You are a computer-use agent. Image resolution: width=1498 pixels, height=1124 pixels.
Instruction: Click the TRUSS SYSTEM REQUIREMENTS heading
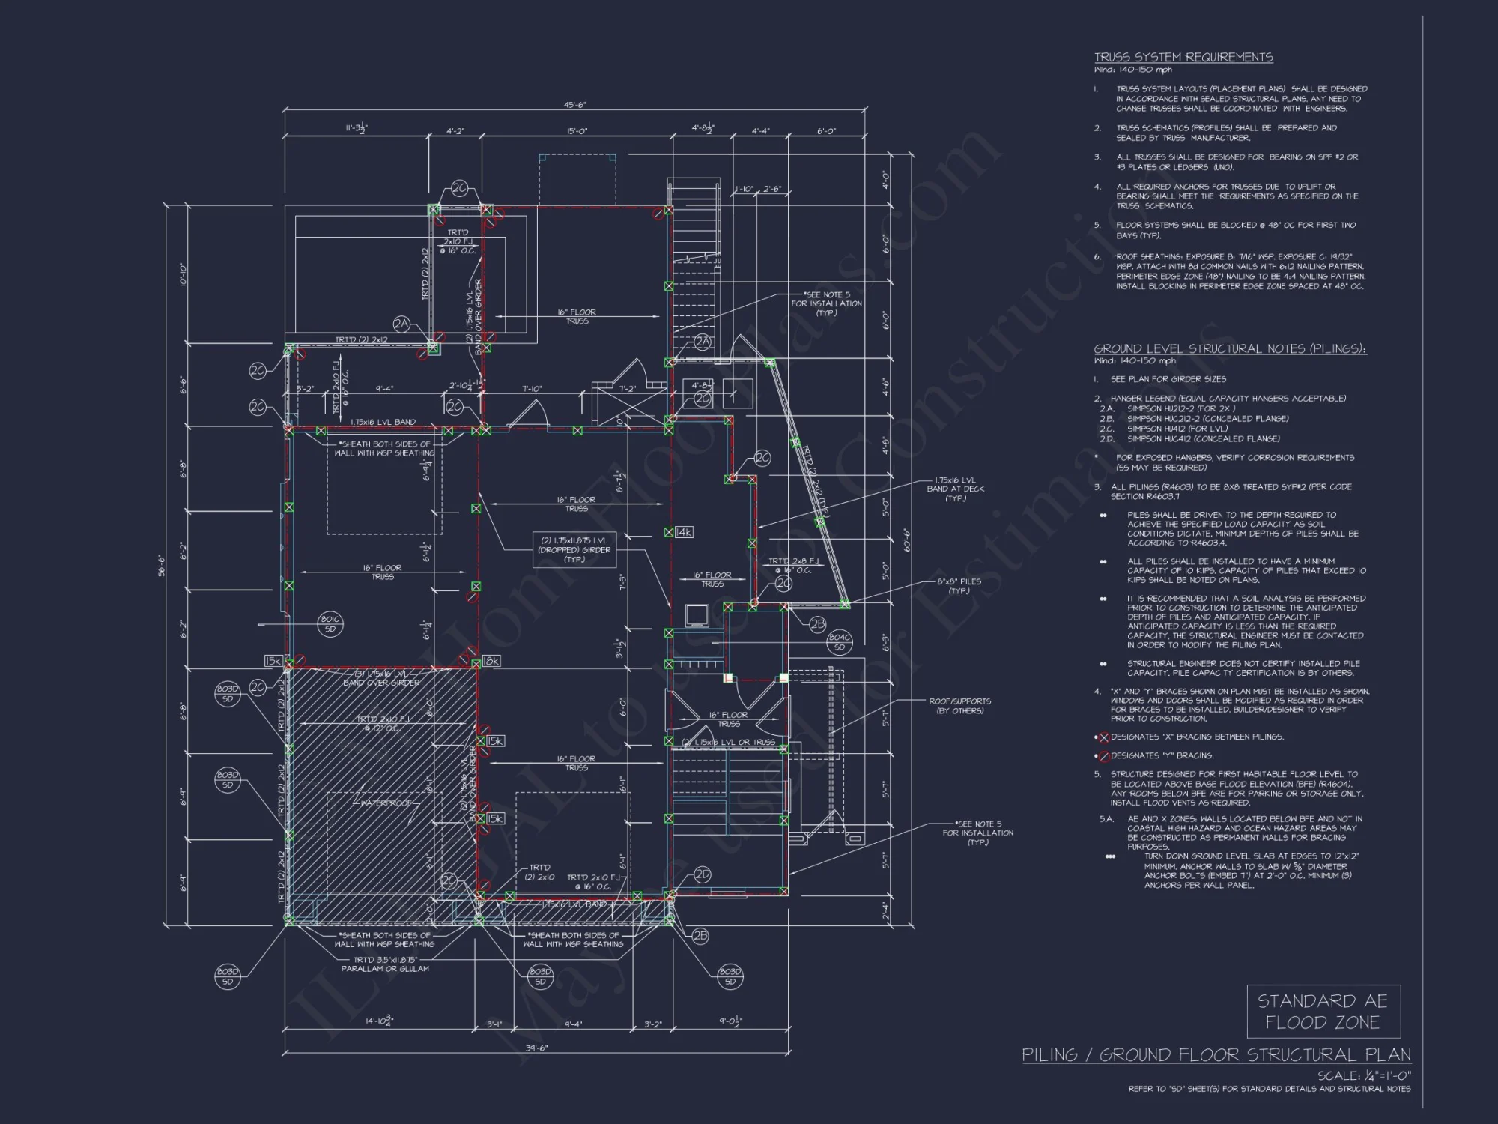[x=1183, y=58]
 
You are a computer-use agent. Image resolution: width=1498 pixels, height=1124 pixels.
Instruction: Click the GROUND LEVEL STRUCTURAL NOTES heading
[x=1230, y=349]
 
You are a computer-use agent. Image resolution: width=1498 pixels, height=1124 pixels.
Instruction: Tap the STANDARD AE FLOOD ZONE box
[x=1323, y=1012]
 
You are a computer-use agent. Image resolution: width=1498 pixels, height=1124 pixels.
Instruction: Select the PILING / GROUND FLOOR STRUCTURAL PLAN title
[x=1216, y=1055]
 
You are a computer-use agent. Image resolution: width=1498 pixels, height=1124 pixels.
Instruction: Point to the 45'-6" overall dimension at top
[x=574, y=106]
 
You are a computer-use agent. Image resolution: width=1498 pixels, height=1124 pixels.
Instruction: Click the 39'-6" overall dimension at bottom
[x=536, y=1048]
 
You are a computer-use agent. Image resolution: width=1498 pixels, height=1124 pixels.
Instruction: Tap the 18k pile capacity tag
[x=491, y=661]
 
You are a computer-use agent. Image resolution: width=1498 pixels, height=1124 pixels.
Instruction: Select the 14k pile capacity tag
[x=684, y=532]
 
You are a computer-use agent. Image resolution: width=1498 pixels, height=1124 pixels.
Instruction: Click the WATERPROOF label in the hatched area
[x=386, y=803]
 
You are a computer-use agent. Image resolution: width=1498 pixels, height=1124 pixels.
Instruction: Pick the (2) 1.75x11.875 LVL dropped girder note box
[x=574, y=549]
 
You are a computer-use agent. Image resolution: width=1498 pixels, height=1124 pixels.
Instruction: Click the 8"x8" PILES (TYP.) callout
[x=959, y=586]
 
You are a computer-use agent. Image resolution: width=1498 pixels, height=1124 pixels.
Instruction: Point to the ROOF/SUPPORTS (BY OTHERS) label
[x=959, y=706]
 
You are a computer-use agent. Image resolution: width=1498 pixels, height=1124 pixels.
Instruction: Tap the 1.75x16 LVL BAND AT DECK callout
[x=955, y=489]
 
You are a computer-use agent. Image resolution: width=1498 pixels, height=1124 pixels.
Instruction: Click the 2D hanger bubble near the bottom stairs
[x=702, y=874]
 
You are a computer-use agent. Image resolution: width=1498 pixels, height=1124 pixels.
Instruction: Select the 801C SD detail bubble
[x=330, y=624]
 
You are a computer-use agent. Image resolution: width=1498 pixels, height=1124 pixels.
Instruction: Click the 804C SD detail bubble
[x=839, y=641]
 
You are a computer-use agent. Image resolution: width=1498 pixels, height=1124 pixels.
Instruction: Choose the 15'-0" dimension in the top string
[x=577, y=132]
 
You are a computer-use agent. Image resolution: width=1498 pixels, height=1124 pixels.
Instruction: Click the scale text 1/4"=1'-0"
[x=1364, y=1075]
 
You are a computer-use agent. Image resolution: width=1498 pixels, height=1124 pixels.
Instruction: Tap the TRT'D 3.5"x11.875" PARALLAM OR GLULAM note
[x=385, y=964]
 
